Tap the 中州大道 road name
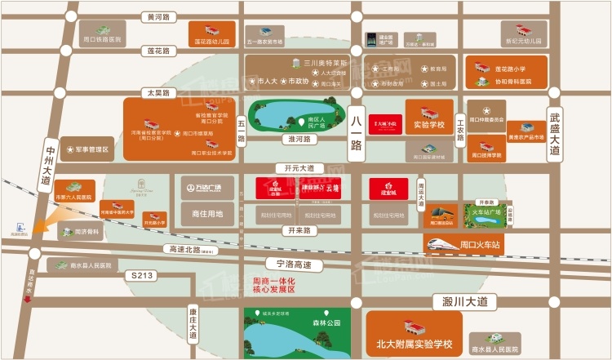click(48, 162)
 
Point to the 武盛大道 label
click(556, 134)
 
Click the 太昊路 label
click(156, 93)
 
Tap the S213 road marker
click(143, 277)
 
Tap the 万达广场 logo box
click(194, 188)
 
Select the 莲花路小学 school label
click(512, 70)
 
